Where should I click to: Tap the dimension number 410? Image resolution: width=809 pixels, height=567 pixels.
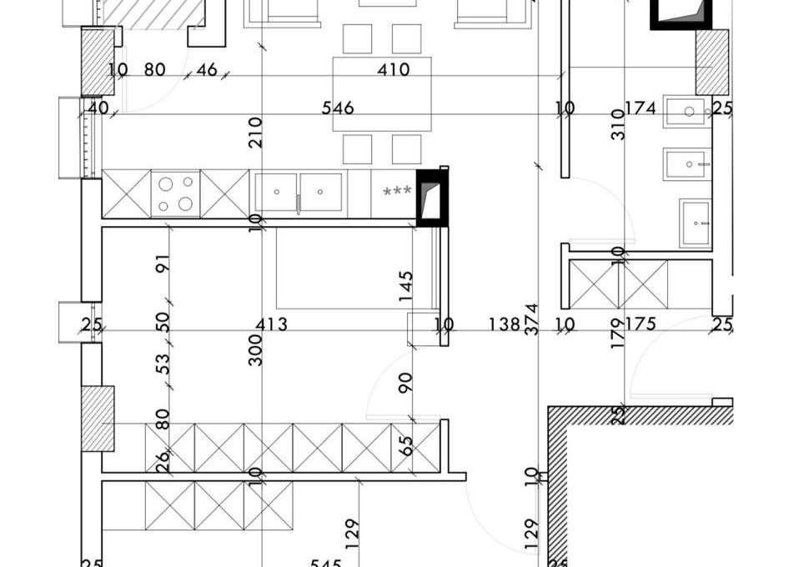coord(393,70)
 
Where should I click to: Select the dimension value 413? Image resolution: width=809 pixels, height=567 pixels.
coord(271,324)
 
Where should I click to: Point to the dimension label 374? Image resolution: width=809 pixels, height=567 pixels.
coord(531,320)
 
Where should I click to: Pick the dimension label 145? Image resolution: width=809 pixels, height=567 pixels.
coord(406,287)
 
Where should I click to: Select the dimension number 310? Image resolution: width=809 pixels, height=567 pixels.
coord(618,125)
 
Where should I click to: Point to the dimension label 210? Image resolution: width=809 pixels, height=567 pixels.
coord(256,133)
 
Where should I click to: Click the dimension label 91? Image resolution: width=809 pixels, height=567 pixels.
coord(163,263)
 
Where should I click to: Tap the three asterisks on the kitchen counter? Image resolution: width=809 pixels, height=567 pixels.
coord(396,192)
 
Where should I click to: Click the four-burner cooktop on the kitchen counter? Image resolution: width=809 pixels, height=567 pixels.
coord(175,193)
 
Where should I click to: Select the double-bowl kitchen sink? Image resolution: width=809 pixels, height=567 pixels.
coord(299,193)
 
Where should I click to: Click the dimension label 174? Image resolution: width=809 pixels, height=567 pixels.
coord(640,108)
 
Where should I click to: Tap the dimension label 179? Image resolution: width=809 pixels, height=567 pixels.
coord(618,334)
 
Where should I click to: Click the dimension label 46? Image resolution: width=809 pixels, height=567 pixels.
coord(206,70)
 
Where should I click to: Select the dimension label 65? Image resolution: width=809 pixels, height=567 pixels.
coord(407,444)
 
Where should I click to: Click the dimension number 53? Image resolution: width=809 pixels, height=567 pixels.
coord(163,364)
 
